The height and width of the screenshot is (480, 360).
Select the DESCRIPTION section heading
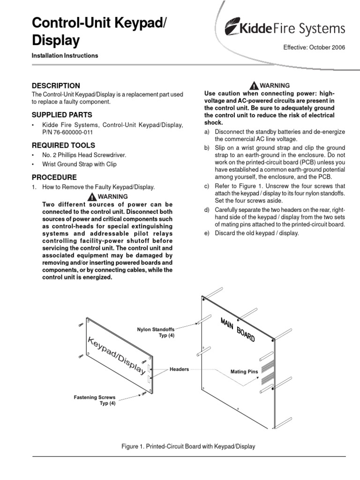coord(55,85)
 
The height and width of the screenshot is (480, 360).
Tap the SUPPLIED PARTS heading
coord(61,115)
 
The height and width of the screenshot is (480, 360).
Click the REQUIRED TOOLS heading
coord(63,145)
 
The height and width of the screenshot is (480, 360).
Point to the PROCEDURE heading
coord(54,177)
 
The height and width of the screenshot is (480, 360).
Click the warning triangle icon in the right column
coord(254,86)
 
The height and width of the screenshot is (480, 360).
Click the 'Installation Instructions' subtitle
coord(65,56)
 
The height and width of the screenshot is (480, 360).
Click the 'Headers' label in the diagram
coord(180,369)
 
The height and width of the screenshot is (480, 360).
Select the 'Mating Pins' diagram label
coord(244,372)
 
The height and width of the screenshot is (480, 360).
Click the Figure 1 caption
coord(188,446)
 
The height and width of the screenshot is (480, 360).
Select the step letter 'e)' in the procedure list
coord(207,233)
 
